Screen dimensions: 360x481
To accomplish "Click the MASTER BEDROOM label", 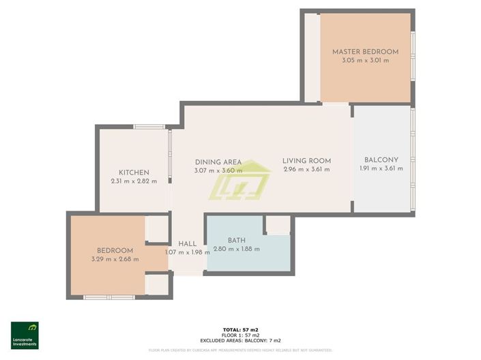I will coord(365,52).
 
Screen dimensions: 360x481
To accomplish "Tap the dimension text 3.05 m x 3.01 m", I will coord(365,61).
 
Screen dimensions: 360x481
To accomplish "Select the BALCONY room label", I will coord(381,160).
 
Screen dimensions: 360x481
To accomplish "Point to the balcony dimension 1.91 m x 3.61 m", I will coord(381,169).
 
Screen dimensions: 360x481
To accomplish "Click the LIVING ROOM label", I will coord(306,161).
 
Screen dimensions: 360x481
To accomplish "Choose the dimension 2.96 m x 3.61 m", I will coord(306,170).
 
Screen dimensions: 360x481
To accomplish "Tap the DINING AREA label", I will coord(218,162).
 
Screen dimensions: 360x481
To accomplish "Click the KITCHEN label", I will coord(134,172).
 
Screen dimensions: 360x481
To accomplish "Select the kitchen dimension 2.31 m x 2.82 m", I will coord(134,181).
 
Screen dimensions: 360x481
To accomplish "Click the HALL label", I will coord(188,243).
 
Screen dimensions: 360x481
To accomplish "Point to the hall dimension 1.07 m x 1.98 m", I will coord(188,252).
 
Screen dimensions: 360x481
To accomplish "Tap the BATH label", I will coord(237,240).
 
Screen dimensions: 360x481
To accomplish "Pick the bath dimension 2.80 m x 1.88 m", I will coord(237,249).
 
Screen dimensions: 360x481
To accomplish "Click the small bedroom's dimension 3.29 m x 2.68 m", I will coord(115,259).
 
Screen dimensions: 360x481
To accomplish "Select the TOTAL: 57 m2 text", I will coord(240,329).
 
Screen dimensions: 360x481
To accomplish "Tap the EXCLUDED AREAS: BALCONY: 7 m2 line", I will coord(240,340).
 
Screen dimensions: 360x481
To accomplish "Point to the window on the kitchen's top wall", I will coord(149,127).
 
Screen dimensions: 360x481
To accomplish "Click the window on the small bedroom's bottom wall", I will coord(109,297).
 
